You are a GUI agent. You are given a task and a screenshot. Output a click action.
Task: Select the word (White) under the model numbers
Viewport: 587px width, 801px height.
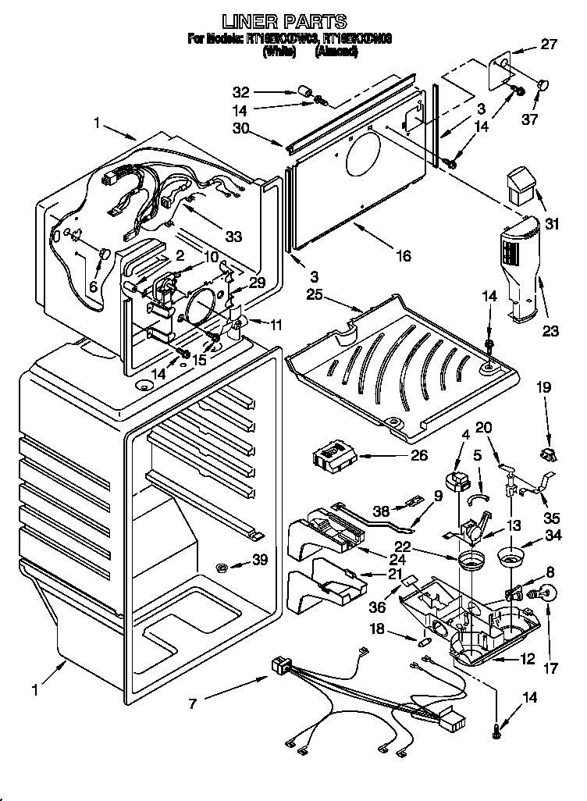coord(279,52)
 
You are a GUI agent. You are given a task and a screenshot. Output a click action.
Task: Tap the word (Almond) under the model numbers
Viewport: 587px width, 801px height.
coord(336,52)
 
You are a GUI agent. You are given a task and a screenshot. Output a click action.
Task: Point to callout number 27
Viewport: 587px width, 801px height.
coord(550,44)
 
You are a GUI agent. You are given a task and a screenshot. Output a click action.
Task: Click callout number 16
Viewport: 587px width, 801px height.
coord(402,255)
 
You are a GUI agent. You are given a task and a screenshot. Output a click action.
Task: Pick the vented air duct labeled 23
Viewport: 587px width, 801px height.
coord(518,265)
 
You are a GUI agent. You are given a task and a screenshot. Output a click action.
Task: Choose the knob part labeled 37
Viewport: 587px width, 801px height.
coord(543,82)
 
